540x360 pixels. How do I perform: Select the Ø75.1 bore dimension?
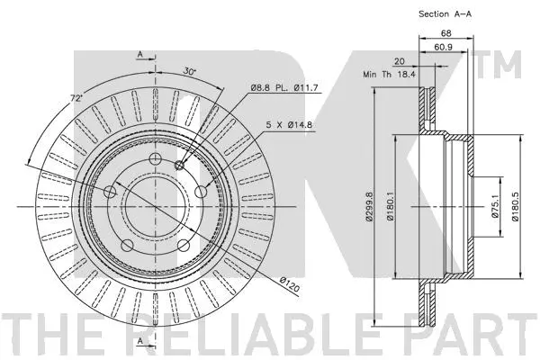494,209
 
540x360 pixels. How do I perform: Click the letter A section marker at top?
139,56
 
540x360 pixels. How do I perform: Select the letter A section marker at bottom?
139,340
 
